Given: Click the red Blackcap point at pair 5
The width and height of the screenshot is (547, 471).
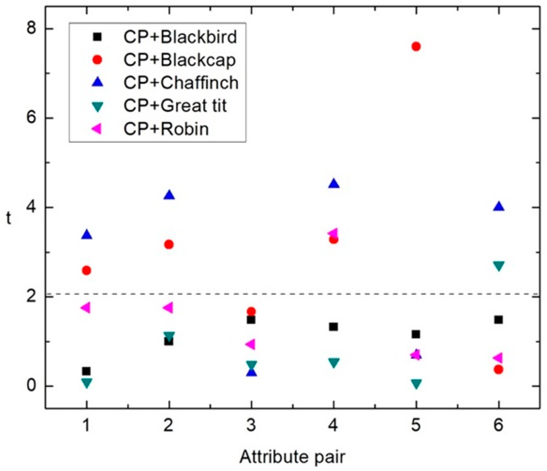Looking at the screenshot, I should (x=416, y=47).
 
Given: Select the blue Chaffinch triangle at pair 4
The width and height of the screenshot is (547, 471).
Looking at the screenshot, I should (x=334, y=184).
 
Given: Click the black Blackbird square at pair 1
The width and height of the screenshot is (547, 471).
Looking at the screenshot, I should (x=86, y=371).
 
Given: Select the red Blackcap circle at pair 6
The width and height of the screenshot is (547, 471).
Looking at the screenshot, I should (x=498, y=370).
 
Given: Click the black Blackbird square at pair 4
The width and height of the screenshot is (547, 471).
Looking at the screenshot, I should (x=334, y=327).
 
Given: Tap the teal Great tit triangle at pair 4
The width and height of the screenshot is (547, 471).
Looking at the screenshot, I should (x=334, y=363).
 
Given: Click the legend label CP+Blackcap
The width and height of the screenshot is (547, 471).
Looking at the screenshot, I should (x=179, y=60).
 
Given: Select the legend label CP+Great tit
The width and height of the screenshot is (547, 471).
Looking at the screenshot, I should (x=175, y=105).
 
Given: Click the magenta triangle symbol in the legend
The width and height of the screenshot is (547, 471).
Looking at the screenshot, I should (x=97, y=129).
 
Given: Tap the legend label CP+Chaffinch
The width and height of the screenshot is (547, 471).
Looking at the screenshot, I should (x=181, y=83).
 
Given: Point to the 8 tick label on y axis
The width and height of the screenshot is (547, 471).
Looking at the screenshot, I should (x=31, y=28).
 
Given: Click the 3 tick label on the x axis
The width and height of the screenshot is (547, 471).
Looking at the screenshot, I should (x=251, y=426).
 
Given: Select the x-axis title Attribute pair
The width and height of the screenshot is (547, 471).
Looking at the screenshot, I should (x=292, y=457).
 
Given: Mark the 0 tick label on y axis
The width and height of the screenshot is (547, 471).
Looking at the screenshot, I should (x=31, y=386).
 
